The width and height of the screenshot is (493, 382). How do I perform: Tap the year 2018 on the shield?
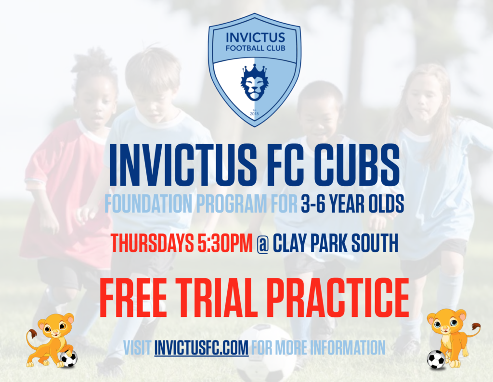[254, 114]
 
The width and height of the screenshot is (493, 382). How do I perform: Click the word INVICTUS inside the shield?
[255, 37]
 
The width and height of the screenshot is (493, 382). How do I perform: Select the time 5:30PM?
[225, 244]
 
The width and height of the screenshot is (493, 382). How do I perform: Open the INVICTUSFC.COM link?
[201, 347]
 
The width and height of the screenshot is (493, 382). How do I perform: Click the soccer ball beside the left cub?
[68, 358]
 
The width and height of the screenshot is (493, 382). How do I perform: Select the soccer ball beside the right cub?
[436, 359]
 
